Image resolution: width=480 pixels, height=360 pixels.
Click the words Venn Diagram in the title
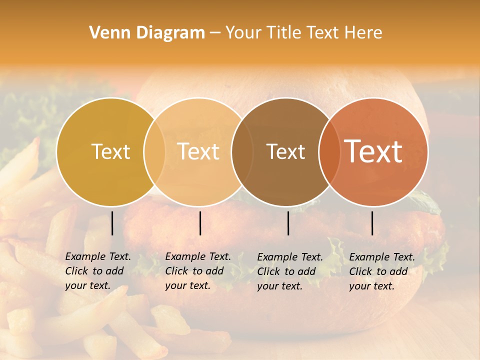147,33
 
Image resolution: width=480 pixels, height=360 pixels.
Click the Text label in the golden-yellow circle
110,151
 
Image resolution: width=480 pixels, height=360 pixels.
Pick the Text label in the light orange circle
198,151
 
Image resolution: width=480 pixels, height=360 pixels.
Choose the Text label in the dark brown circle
286,151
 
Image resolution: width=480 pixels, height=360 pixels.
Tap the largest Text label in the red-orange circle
373,151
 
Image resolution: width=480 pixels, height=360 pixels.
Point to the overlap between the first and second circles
154,151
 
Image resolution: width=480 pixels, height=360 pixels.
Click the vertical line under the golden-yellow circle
112,223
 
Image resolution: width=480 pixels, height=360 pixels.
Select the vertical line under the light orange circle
200,223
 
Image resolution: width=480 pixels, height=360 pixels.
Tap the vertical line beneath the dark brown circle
288,223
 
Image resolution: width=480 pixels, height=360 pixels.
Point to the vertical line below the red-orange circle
372,223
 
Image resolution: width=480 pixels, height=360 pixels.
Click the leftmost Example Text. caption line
98,257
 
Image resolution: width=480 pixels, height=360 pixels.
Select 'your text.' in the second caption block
187,286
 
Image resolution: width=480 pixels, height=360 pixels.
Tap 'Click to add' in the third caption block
286,271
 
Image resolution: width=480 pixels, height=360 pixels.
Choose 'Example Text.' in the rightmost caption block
382,257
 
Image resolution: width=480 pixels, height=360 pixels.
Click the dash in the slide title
215,33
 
